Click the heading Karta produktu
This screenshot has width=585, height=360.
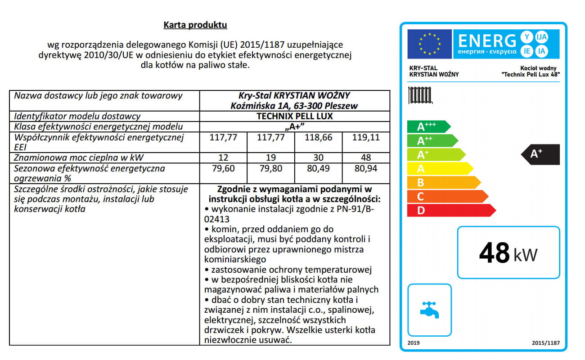(195, 25)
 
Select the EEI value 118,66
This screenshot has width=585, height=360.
(318, 137)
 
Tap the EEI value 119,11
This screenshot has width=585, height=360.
(365, 137)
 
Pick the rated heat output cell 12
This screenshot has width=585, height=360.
(223, 157)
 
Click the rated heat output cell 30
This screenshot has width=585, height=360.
(318, 157)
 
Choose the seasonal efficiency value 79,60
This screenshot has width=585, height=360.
(223, 169)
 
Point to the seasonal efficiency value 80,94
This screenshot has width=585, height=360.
(365, 169)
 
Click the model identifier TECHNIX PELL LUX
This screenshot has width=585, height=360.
(294, 117)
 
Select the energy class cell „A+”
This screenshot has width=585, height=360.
(294, 126)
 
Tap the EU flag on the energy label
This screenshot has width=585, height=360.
(429, 44)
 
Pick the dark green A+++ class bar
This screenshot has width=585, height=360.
(427, 126)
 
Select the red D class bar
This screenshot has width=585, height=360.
(450, 210)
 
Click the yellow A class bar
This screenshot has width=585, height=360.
(439, 168)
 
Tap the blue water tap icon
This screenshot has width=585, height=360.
(429, 310)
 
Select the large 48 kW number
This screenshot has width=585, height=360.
(508, 253)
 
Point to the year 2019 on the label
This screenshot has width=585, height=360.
(413, 343)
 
